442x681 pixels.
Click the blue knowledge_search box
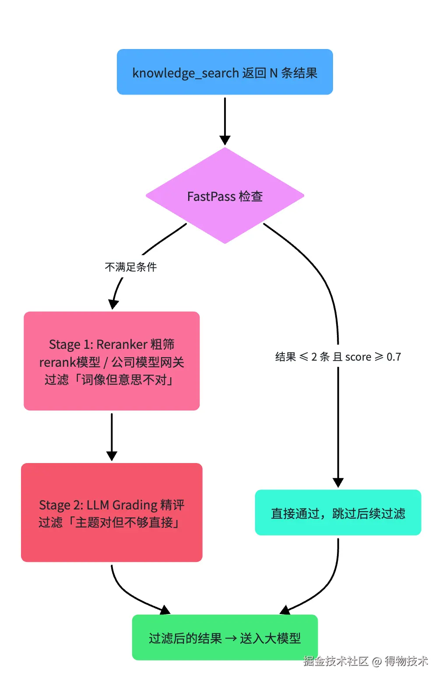click(x=225, y=72)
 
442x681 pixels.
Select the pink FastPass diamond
click(x=225, y=196)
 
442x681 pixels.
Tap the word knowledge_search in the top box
click(x=186, y=73)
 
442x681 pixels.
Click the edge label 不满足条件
click(x=131, y=267)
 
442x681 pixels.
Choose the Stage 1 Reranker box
click(x=112, y=361)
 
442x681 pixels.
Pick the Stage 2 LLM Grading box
click(x=112, y=512)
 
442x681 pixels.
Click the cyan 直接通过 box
click(x=338, y=512)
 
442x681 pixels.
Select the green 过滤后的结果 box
click(x=225, y=637)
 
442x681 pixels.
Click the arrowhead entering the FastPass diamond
click(x=225, y=140)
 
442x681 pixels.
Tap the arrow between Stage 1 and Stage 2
click(x=112, y=437)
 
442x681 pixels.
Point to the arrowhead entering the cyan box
click(x=338, y=483)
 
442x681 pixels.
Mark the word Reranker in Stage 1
click(x=122, y=344)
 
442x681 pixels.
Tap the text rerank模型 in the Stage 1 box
click(x=70, y=362)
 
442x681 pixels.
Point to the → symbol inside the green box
click(x=231, y=638)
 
